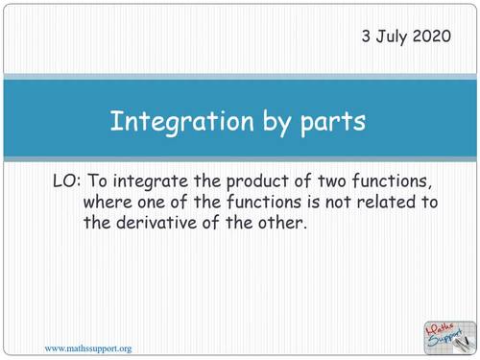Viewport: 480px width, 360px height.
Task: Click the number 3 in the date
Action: click(366, 37)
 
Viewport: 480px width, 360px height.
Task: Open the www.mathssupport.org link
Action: click(88, 347)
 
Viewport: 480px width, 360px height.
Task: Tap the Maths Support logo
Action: click(446, 336)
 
